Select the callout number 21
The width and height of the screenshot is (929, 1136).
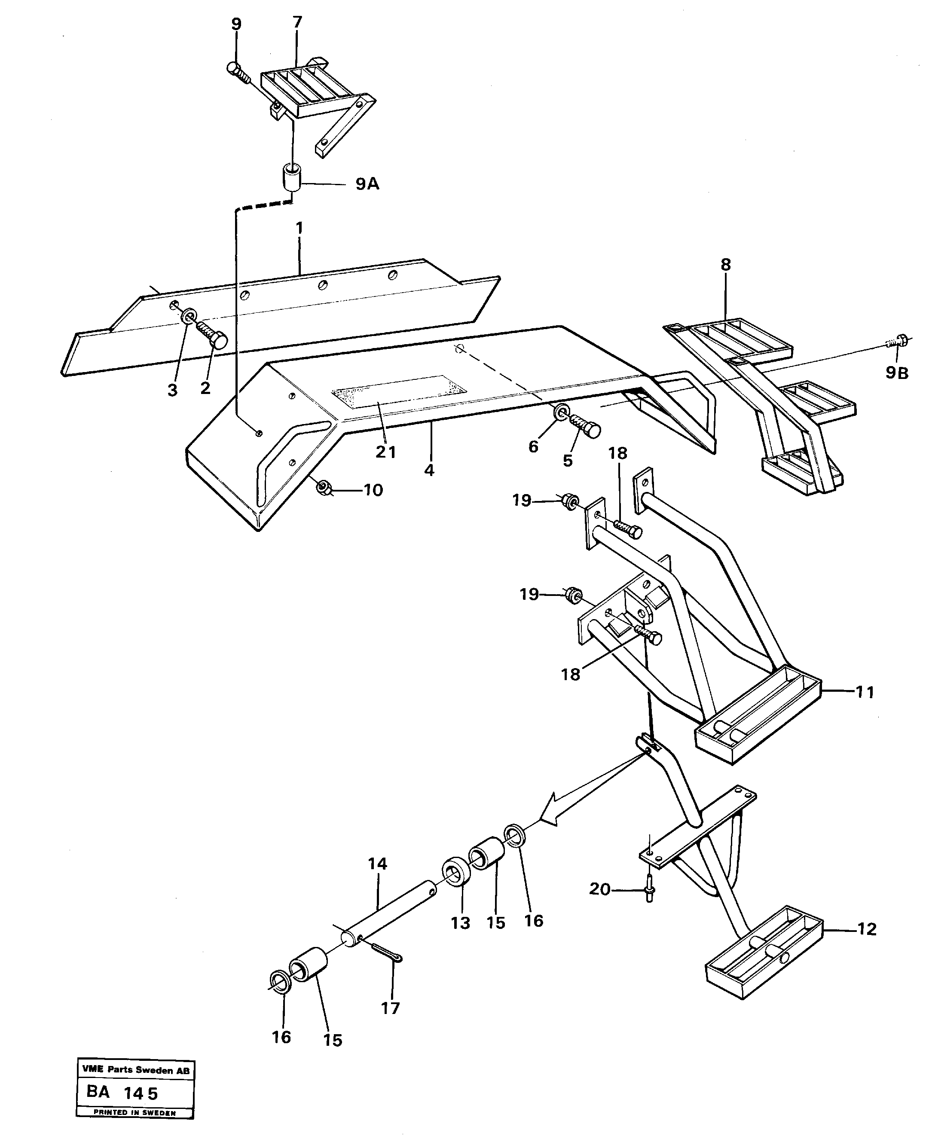point(385,452)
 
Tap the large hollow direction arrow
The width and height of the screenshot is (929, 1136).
point(556,827)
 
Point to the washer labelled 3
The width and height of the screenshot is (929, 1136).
point(188,316)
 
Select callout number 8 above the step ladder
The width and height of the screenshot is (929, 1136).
point(725,265)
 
